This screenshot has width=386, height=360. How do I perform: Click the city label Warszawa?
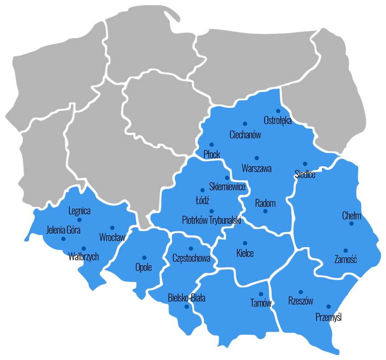click(256, 169)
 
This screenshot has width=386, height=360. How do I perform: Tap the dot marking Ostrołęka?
click(278, 111)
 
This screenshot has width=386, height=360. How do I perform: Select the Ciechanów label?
click(245, 135)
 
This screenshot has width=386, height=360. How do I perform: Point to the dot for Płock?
click(211, 145)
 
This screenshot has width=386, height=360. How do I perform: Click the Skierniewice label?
click(227, 187)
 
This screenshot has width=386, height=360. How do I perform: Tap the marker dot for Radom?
click(265, 211)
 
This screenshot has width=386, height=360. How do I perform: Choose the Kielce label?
click(245, 253)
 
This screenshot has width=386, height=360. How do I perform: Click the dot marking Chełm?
click(351, 224)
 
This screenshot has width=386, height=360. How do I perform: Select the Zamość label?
click(345, 259)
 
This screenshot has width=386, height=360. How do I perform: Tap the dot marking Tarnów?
click(261, 294)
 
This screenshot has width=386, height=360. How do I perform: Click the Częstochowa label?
click(191, 258)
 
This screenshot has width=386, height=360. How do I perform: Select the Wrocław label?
click(112, 237)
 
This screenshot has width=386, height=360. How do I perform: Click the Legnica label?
click(79, 211)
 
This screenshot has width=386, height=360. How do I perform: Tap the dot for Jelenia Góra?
click(63, 239)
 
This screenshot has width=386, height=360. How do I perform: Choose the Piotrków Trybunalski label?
click(211, 221)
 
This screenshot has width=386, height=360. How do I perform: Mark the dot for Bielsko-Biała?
click(186, 307)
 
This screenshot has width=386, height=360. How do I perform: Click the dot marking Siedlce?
click(305, 163)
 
